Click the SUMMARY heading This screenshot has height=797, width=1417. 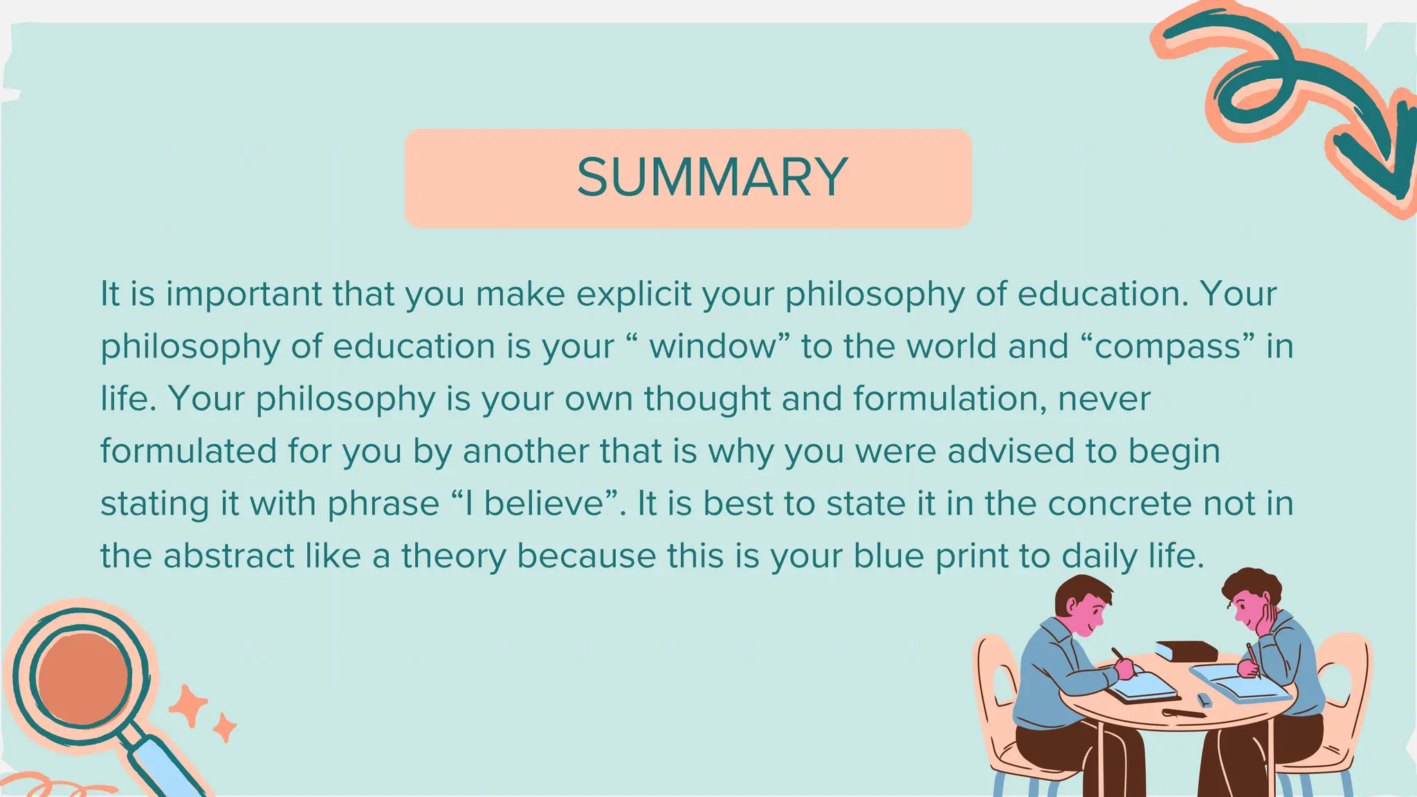pos(712,177)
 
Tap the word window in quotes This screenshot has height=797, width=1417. pos(712,347)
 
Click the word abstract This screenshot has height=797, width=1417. pos(228,556)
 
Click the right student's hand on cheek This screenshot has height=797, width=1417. pos(1268,619)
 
